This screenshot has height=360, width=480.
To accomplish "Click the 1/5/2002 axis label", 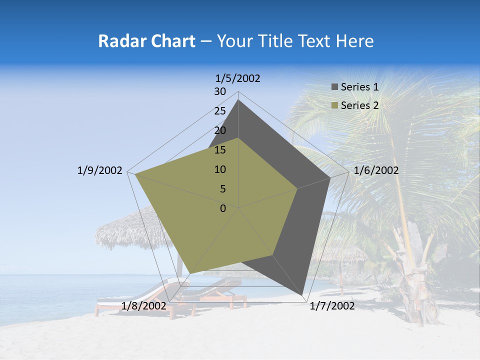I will coord(237,78).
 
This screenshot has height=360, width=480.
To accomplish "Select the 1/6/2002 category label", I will coord(376,170).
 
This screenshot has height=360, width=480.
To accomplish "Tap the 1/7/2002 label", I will coord(332,306).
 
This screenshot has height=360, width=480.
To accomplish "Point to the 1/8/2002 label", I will coord(143,306).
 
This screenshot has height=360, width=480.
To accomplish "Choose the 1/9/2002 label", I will coord(99,170).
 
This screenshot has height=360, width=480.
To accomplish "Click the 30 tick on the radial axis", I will coord(220,91).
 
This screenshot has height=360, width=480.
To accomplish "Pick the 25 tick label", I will coord(220,111).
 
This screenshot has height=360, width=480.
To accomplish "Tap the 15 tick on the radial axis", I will coord(220,150).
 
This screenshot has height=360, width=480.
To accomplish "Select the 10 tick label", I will coord(220,169).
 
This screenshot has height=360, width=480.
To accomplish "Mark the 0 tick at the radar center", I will coord(223,208).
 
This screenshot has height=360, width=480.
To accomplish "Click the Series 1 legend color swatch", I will coord(334,87).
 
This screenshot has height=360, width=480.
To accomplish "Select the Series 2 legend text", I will coord(359,105).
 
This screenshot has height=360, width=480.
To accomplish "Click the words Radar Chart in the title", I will coord(146,41).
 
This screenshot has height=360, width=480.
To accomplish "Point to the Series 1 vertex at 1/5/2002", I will coord(238,100).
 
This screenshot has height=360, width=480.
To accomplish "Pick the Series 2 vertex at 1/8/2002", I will coord(189,273).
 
